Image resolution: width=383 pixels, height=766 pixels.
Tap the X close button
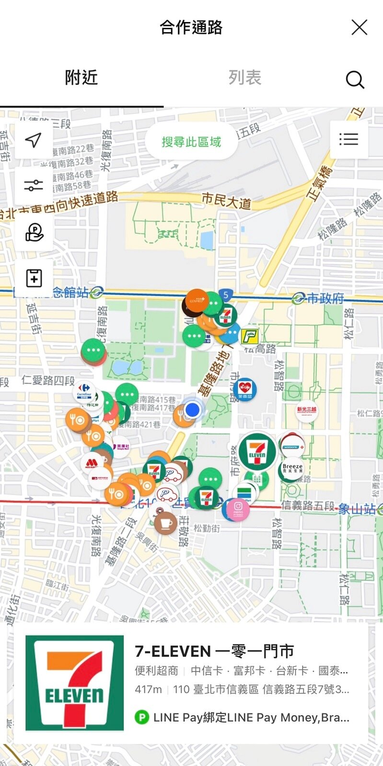pyautogui.click(x=359, y=27)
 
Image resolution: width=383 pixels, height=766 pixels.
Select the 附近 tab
pyautogui.click(x=81, y=78)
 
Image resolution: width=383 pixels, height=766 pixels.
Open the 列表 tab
pyautogui.click(x=244, y=78)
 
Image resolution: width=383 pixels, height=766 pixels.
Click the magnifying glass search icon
pyautogui.click(x=355, y=79)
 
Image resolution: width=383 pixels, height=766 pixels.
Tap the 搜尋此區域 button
pyautogui.click(x=191, y=142)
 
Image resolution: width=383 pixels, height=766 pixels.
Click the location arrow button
pyautogui.click(x=34, y=140)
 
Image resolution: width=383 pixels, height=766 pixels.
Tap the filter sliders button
pyautogui.click(x=34, y=185)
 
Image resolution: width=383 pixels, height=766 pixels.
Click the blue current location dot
pyautogui.click(x=192, y=410)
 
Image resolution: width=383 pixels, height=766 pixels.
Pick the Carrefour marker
pyautogui.click(x=84, y=390)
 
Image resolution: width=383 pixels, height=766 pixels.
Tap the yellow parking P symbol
pyautogui.click(x=249, y=337)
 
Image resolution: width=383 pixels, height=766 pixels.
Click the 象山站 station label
pyautogui.click(x=357, y=509)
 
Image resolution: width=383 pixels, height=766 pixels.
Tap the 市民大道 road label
pyautogui.click(x=226, y=200)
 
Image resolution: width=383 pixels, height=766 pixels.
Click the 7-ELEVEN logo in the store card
pyautogui.click(x=74, y=683)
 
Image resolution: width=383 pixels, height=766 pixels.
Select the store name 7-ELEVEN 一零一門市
pyautogui.click(x=214, y=651)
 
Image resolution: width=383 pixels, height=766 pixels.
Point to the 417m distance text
pyautogui.click(x=148, y=689)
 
